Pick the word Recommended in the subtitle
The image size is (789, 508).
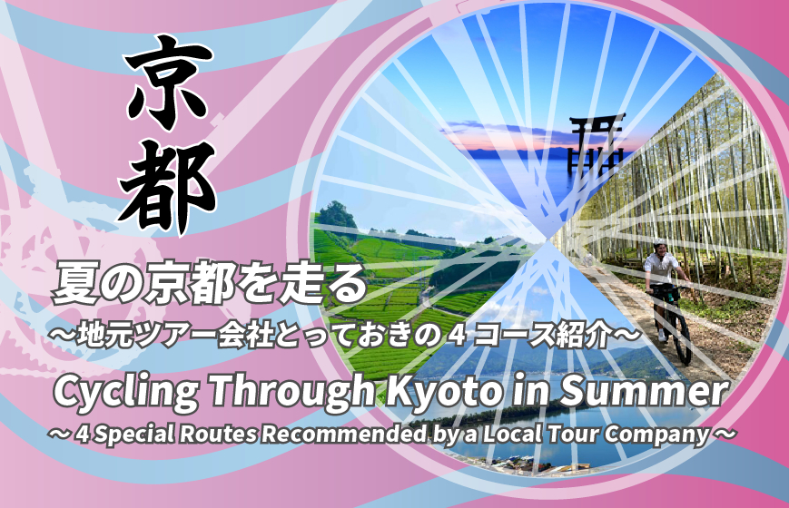tap(344, 434)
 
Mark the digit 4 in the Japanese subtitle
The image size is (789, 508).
tap(458, 336)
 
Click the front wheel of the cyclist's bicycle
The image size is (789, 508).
tap(682, 333)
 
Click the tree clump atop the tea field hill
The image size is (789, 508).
tap(334, 215)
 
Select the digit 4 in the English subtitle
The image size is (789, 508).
tap(83, 434)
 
